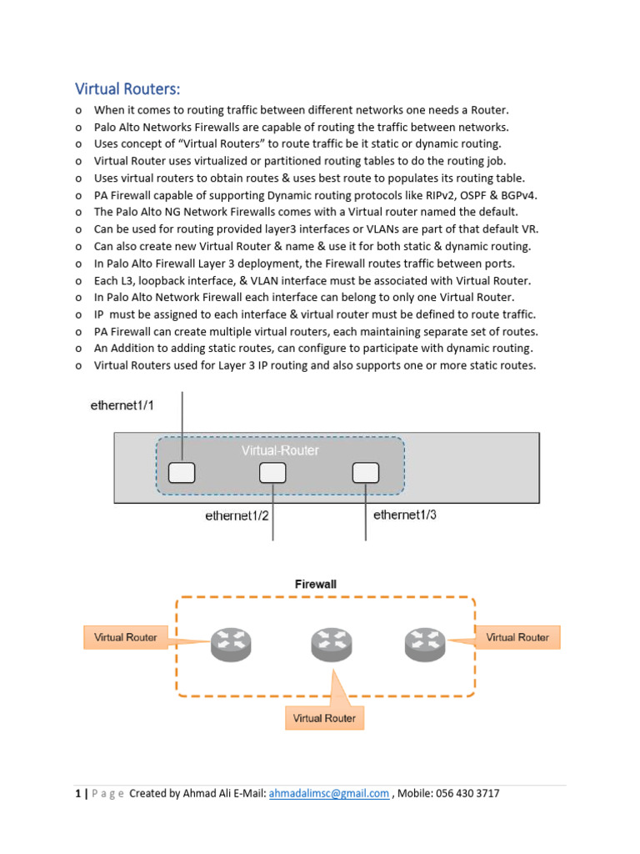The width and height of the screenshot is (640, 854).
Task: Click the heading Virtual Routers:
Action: click(127, 88)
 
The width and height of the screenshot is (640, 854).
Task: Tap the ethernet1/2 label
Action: click(237, 515)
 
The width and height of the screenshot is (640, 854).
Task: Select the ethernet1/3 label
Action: click(405, 515)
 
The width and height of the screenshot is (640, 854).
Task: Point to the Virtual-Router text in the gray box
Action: click(280, 450)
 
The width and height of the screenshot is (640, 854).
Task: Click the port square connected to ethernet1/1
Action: click(182, 473)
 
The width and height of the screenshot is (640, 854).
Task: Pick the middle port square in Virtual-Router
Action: click(272, 473)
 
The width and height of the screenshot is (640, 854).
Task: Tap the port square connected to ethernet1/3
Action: click(365, 473)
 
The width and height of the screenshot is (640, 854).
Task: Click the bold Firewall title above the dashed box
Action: click(316, 585)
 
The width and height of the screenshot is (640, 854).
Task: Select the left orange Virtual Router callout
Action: click(126, 637)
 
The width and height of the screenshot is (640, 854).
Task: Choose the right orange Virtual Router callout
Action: click(517, 637)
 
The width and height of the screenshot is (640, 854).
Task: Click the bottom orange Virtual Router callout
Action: click(324, 718)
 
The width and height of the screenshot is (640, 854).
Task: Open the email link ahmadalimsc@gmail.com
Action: click(329, 793)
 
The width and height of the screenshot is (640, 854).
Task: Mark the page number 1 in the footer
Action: click(77, 793)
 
